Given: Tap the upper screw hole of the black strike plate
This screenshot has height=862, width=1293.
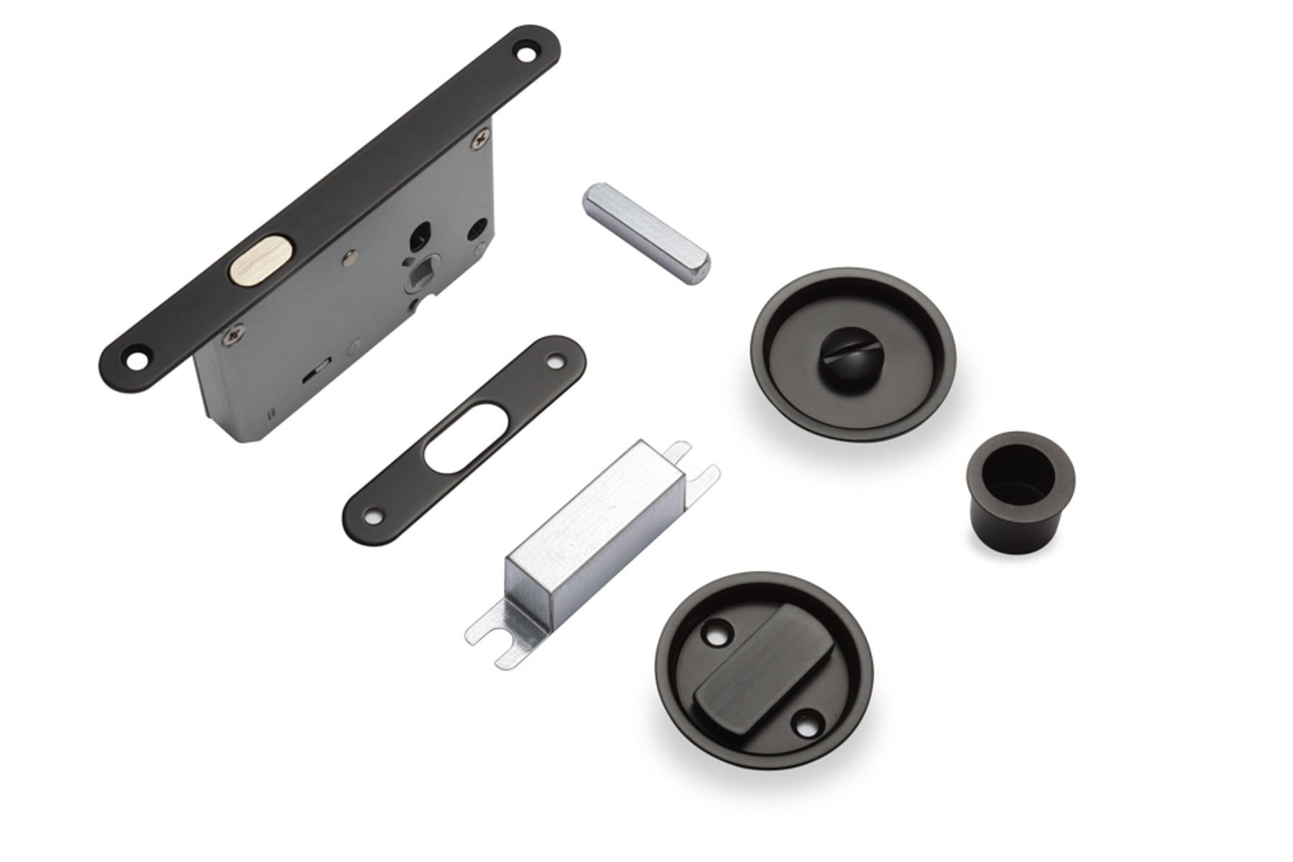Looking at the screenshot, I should coord(556,361).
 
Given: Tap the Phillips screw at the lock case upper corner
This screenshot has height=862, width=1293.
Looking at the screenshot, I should coord(480,137).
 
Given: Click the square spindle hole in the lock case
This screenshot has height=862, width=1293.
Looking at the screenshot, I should coord(417,274).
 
